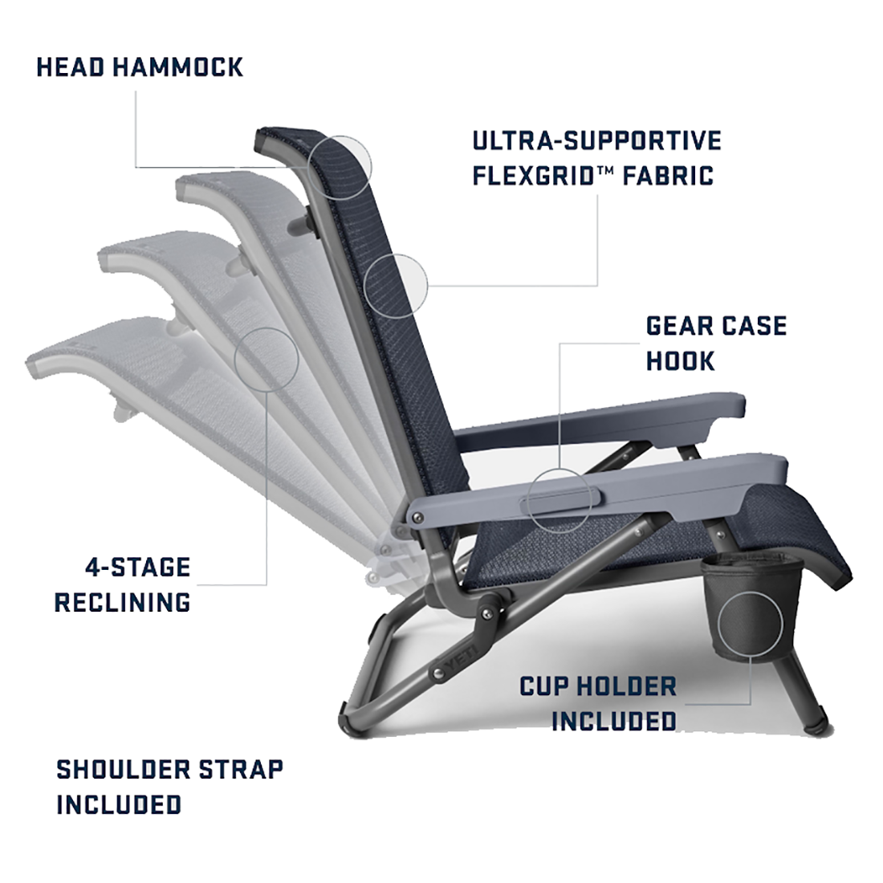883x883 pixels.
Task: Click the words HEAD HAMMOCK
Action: (x=140, y=67)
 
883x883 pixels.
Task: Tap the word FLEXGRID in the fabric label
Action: (x=534, y=175)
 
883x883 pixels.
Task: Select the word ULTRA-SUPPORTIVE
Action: (x=597, y=140)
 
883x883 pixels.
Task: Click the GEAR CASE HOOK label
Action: (x=716, y=344)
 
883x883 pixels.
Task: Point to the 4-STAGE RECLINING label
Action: (x=122, y=584)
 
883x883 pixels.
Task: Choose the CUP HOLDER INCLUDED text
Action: (x=598, y=703)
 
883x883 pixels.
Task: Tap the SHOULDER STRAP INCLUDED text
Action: (x=169, y=787)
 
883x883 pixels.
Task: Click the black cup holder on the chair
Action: (x=752, y=606)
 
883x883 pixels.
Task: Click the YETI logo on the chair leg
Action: (x=462, y=659)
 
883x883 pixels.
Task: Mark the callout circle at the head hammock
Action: (x=340, y=167)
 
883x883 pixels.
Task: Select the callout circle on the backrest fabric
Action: (x=396, y=286)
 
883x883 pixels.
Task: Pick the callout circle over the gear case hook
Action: (x=560, y=500)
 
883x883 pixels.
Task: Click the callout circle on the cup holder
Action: (x=751, y=624)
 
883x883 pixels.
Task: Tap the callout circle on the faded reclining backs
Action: (x=267, y=360)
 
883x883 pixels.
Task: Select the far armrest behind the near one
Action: (x=600, y=420)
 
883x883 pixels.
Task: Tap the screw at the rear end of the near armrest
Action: (x=418, y=518)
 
